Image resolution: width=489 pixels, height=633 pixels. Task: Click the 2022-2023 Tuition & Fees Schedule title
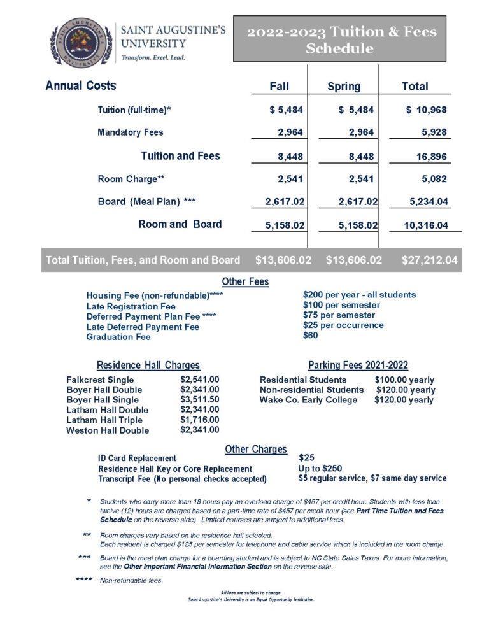[x=339, y=39]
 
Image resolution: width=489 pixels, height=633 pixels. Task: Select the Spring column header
[x=343, y=87]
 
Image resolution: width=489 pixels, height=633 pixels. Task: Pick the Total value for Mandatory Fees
[x=431, y=132]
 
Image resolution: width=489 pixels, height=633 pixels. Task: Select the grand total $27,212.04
[x=429, y=260]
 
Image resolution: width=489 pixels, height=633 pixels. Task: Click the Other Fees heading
[x=245, y=281]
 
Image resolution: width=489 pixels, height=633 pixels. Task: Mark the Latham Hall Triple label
[x=104, y=420]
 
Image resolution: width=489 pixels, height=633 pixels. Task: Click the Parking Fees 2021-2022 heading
[x=358, y=366]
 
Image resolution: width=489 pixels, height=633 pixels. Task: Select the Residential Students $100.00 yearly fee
[x=404, y=380]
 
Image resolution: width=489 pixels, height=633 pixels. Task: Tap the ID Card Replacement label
[x=137, y=458]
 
